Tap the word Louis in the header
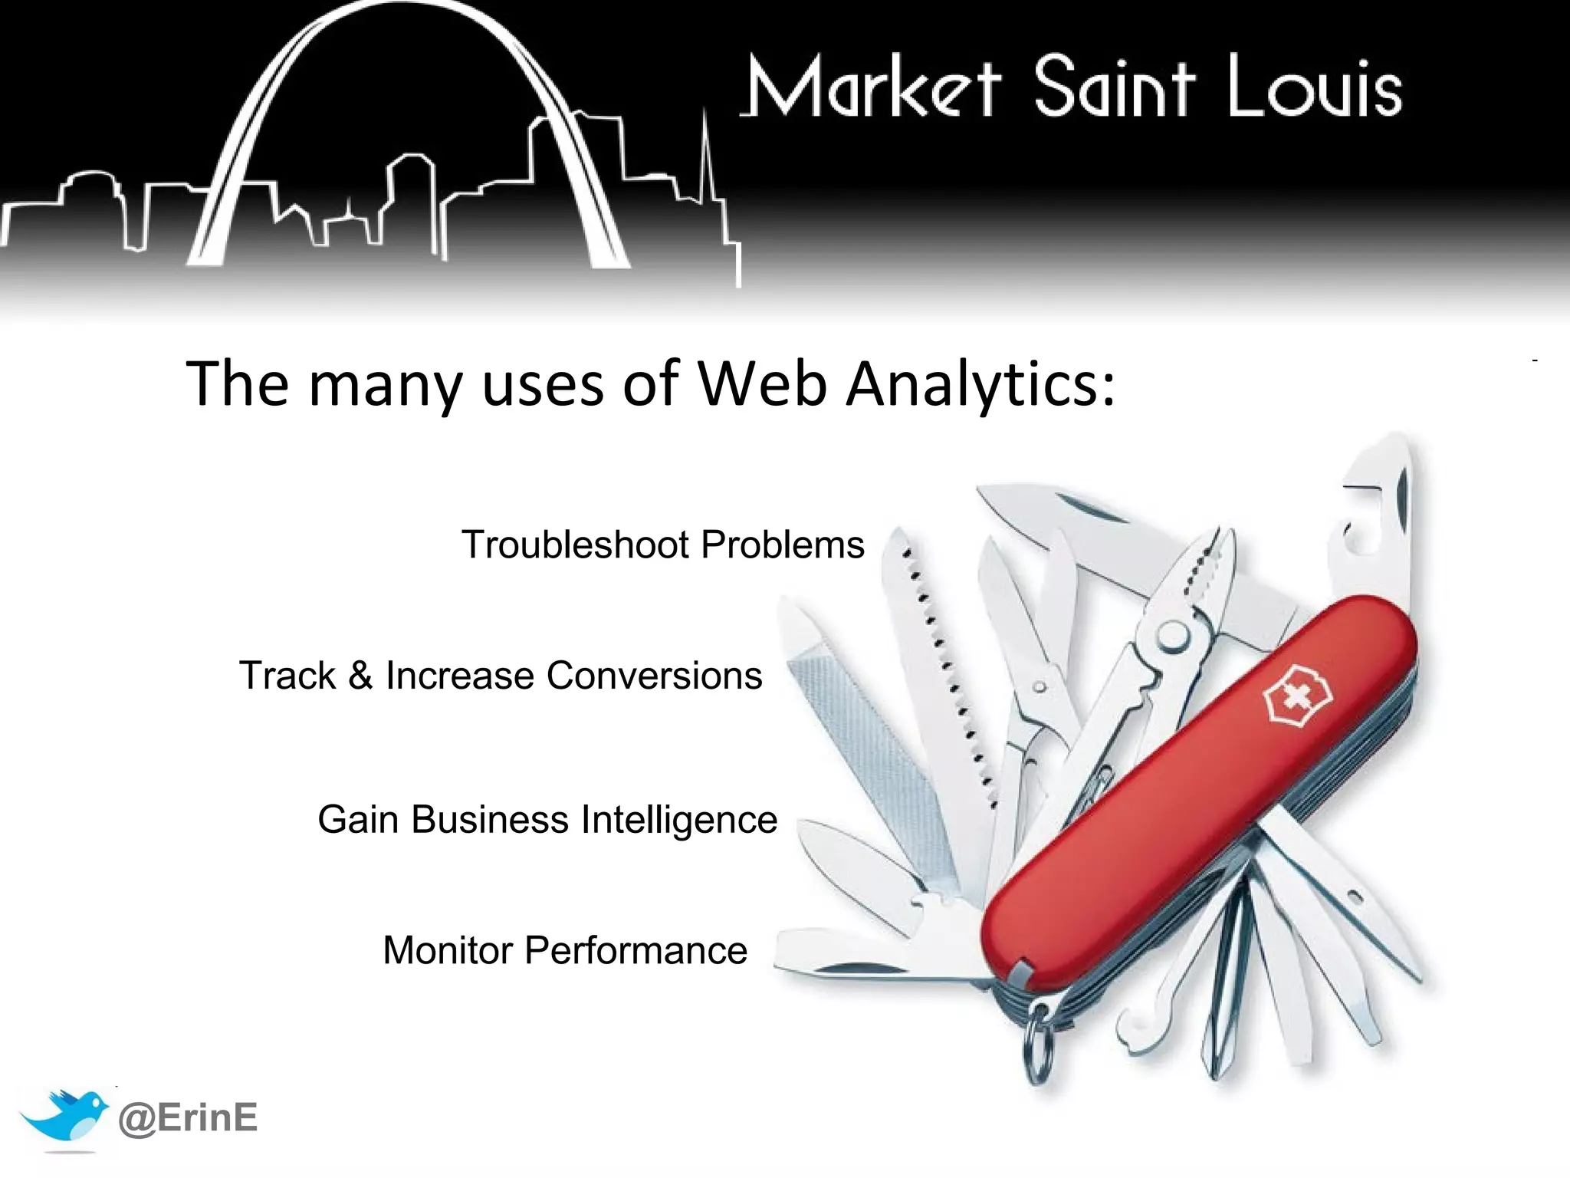pos(1314,88)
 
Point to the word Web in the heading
pos(762,383)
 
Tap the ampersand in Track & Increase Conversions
pos(360,676)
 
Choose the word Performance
pos(636,951)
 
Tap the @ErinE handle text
pos(188,1117)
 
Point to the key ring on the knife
pos(1037,1043)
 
